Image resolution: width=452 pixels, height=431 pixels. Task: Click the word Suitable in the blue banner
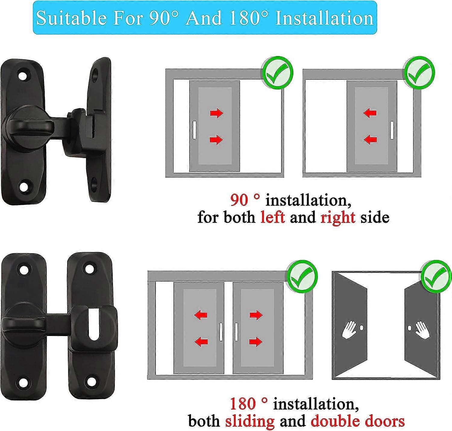(x=71, y=18)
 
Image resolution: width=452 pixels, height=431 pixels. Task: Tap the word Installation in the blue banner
(x=325, y=18)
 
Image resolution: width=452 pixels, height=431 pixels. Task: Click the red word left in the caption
(x=272, y=217)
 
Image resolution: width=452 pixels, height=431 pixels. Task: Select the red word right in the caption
(x=338, y=217)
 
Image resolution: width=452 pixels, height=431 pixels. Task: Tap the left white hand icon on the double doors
(x=349, y=330)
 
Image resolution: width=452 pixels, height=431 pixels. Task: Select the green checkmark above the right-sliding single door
(x=278, y=74)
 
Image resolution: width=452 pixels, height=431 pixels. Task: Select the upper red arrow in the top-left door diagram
(x=216, y=113)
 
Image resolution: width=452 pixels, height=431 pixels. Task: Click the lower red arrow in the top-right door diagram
(x=370, y=139)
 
